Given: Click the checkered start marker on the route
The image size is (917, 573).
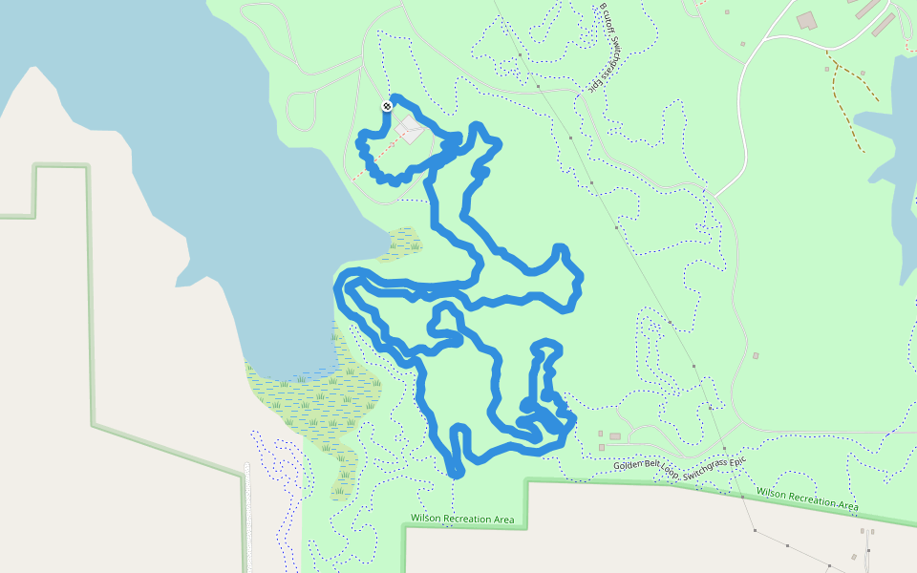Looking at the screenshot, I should [387, 106].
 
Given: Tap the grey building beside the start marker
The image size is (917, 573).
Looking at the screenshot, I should [411, 129].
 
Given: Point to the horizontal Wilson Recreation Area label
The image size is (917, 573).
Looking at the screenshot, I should [462, 519].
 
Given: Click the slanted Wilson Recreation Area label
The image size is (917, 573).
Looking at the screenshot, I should [807, 498].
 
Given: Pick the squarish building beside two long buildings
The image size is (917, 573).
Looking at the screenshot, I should [807, 20].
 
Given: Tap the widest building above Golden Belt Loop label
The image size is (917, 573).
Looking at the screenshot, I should [614, 436].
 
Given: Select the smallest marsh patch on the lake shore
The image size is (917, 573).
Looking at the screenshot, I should [404, 243].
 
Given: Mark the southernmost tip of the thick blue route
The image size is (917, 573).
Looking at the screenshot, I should [455, 473].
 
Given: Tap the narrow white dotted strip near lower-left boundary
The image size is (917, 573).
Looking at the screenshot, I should [247, 516].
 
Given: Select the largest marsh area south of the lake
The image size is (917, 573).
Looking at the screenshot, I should [315, 401].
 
